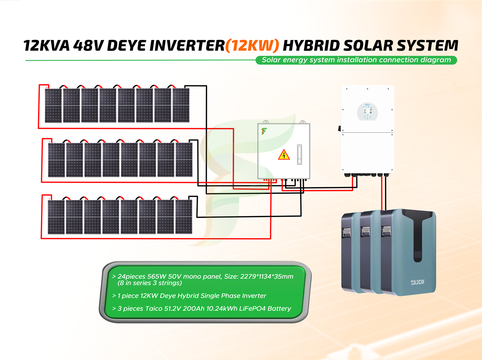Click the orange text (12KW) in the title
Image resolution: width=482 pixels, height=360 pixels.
(x=252, y=46)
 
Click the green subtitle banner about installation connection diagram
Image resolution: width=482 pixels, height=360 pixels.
(x=356, y=60)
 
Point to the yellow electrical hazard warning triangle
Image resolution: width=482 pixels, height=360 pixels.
(x=284, y=155)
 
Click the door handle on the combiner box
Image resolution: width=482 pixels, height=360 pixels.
(x=299, y=154)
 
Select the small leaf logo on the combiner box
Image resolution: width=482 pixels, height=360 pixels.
(x=264, y=131)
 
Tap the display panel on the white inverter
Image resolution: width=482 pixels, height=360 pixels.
(x=367, y=112)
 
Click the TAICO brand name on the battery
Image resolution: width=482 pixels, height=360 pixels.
(x=418, y=282)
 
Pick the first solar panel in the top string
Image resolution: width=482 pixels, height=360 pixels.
(x=53, y=105)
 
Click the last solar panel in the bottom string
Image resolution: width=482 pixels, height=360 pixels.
(x=184, y=217)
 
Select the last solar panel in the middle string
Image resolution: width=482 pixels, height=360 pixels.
(x=184, y=160)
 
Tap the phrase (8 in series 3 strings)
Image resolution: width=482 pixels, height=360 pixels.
(x=149, y=283)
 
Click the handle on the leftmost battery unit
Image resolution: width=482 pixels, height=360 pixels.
(x=347, y=232)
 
